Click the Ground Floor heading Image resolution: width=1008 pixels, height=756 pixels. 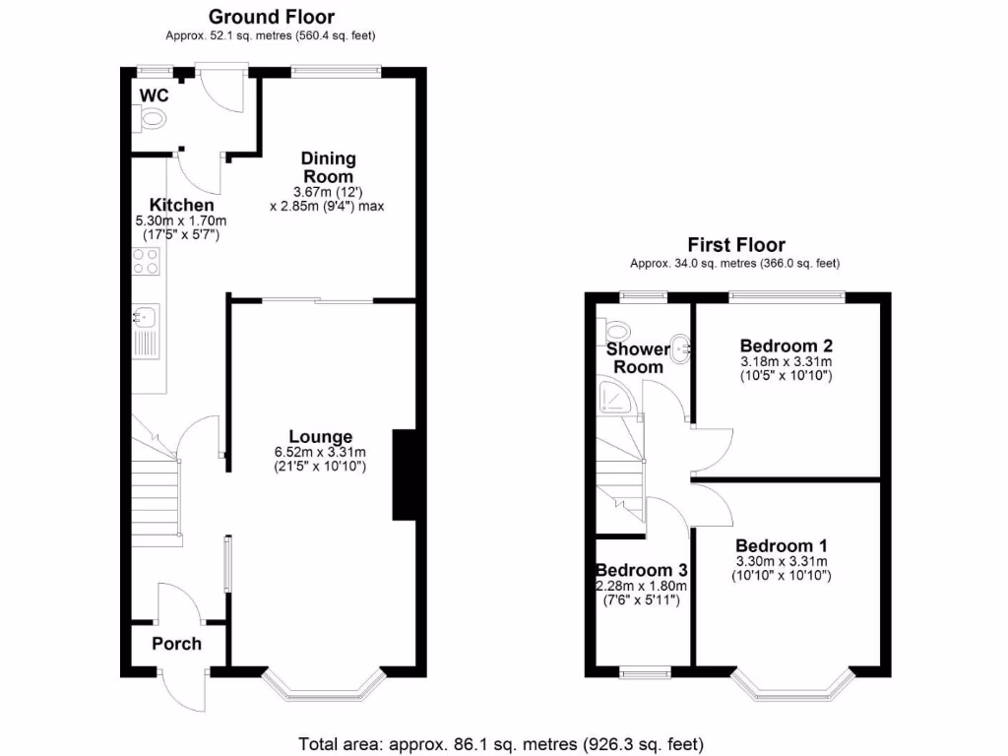tap(271, 17)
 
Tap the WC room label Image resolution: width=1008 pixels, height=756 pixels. tap(154, 94)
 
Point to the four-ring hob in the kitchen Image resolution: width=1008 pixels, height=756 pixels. tap(146, 261)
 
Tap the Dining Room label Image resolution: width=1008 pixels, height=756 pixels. tap(329, 167)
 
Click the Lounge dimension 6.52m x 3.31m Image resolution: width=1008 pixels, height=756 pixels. tap(320, 453)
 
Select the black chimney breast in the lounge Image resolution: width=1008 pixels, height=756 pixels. tap(404, 474)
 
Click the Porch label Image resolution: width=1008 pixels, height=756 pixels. tap(176, 644)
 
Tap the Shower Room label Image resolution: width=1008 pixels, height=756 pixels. tap(638, 358)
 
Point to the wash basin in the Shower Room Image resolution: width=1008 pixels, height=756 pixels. tap(679, 346)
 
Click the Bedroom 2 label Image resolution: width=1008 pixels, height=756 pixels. tap(787, 346)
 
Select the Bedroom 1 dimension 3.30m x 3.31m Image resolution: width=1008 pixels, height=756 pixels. tap(783, 562)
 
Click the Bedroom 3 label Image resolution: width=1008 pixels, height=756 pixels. tap(641, 570)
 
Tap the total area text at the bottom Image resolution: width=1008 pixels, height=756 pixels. tap(502, 743)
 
